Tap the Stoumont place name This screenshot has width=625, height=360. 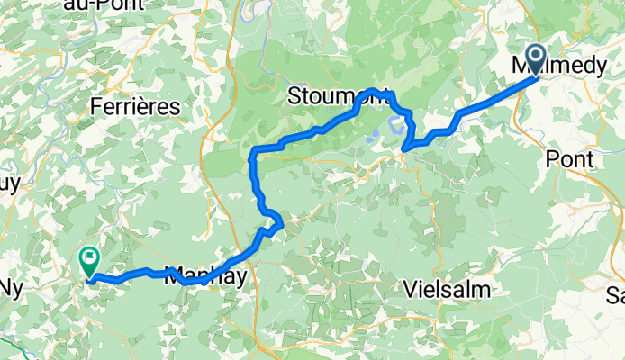[x=338, y=96]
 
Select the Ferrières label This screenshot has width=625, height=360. [x=135, y=106]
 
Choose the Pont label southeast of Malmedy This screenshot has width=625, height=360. [x=570, y=159]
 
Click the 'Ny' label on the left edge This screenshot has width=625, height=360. [x=11, y=288]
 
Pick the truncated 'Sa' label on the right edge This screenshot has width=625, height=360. [x=615, y=295]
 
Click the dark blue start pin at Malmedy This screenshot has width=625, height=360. [x=535, y=58]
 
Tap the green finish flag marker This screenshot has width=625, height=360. [x=90, y=262]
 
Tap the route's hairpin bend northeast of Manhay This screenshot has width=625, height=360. [x=280, y=221]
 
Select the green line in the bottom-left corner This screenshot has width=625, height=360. [x=14, y=345]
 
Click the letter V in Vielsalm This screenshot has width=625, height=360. [x=412, y=290]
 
